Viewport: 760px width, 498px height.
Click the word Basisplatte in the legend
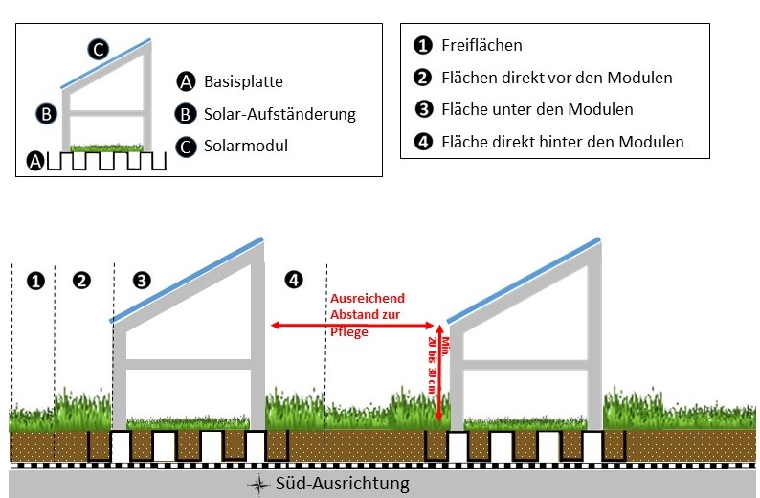point(243,82)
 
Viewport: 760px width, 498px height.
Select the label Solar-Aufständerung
point(279,114)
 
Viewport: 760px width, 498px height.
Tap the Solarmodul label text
point(245,146)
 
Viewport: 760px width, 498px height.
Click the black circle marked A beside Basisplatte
point(186,82)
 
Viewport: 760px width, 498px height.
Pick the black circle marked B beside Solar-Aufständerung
point(186,114)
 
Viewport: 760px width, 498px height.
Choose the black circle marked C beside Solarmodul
point(186,146)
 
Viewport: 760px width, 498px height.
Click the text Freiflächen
point(481,45)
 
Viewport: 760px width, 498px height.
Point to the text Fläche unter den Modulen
point(537,109)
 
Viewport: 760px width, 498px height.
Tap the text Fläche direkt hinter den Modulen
point(563,142)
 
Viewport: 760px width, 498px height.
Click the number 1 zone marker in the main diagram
point(35,281)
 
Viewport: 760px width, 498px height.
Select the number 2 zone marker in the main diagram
point(82,281)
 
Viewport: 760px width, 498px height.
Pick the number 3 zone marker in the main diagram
point(142,281)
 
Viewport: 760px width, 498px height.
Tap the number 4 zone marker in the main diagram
point(295,280)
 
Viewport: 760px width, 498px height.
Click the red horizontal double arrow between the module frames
point(354,326)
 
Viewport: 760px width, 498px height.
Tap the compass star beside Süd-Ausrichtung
point(257,485)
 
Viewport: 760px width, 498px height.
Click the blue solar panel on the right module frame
point(524,279)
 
